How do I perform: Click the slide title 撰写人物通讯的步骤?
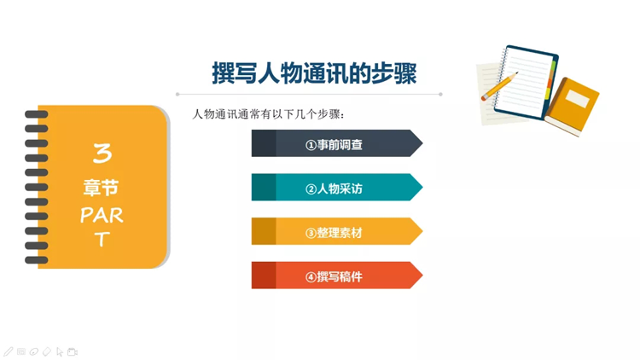coord(314,73)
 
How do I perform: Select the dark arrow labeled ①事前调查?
coord(337,143)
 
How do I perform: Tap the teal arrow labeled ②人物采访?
coord(337,187)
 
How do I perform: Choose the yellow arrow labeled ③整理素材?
coord(337,231)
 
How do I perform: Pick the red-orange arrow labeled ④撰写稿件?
coord(337,276)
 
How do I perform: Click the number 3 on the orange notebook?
coord(102,153)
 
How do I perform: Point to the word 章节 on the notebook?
coord(101,188)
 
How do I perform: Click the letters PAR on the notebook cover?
coord(102,215)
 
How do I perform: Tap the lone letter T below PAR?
coord(102,239)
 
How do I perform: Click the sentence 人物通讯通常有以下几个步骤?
coord(268,114)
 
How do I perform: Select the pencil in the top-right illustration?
coord(499,85)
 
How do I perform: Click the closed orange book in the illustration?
coord(572,107)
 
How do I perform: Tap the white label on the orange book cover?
coord(578,98)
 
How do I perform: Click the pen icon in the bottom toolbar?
coord(9,351)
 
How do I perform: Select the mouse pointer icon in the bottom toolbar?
coord(60,351)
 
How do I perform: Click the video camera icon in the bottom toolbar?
coord(73,351)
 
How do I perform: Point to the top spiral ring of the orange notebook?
coord(37,114)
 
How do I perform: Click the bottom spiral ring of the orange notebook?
coord(37,260)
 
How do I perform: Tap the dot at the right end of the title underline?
coord(440,95)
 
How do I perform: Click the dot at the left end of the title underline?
coord(177,95)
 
